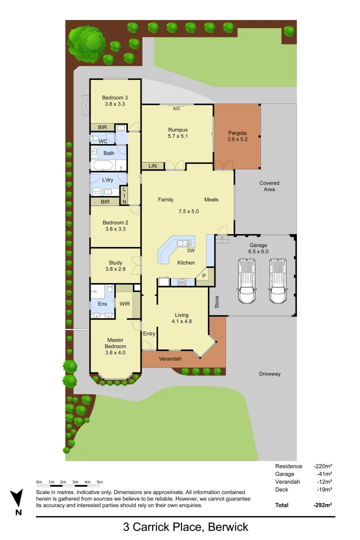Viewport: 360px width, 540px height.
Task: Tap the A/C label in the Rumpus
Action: [176, 108]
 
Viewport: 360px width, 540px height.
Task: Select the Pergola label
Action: [237, 133]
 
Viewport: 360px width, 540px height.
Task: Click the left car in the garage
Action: [247, 281]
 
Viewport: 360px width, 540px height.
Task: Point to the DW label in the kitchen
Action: [190, 250]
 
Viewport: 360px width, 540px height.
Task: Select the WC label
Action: [103, 141]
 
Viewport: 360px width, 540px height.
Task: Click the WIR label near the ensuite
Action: [124, 303]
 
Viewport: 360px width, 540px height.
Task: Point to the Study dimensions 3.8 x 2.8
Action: [115, 269]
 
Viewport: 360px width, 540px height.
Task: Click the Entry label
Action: [149, 334]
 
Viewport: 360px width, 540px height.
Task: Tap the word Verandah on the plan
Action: [170, 359]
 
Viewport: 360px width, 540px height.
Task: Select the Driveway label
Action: [269, 374]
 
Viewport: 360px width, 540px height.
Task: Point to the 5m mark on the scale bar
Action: [99, 482]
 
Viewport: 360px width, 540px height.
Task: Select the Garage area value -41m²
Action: [324, 474]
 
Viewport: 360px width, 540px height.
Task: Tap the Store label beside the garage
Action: [217, 302]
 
